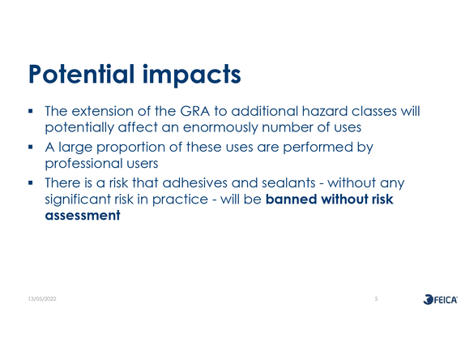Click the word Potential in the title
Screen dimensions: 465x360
82,74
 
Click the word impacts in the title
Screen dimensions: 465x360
191,75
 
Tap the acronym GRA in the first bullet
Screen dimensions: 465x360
195,111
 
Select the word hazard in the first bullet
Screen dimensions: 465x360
324,111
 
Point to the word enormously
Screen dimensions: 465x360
220,127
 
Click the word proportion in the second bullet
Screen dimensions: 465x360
130,148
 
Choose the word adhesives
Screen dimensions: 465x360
195,182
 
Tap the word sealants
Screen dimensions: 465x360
288,182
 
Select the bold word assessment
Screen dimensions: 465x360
83,216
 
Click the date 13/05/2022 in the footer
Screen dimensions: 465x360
42,299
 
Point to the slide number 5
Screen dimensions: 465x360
377,299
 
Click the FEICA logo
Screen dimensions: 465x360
440,299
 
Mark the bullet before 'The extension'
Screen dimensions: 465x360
30,111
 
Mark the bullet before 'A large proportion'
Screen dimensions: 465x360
30,147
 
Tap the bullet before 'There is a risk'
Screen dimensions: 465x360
30,182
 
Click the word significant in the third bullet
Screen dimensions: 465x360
78,199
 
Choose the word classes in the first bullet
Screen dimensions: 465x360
374,111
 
